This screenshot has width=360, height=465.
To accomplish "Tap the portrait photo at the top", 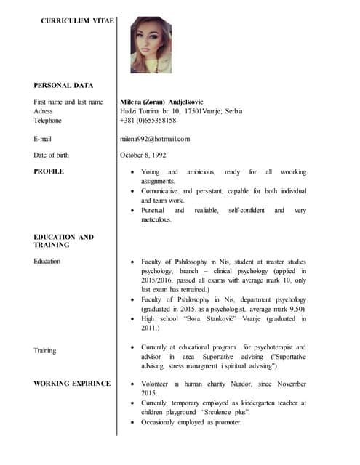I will click(x=151, y=45).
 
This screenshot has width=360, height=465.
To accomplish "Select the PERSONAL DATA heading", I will click(x=63, y=85).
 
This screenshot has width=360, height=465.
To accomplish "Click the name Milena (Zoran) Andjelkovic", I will click(x=161, y=102).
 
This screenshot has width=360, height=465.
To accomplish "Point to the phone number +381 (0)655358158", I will click(x=148, y=120).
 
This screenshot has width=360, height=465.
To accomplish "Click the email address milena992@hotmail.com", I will click(x=155, y=138).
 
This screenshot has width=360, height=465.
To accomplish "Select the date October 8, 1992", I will click(x=143, y=155).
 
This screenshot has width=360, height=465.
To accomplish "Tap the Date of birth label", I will click(x=52, y=155).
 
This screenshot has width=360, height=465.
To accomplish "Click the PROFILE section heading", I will click(x=49, y=171).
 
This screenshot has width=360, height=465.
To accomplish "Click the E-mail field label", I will click(x=43, y=138).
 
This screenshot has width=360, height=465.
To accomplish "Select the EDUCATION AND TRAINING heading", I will click(x=64, y=240).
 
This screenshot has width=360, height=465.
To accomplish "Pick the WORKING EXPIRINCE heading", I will click(x=72, y=383).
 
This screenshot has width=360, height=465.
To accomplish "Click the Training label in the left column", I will click(x=45, y=350).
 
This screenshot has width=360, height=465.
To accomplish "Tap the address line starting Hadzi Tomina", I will click(x=181, y=111).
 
